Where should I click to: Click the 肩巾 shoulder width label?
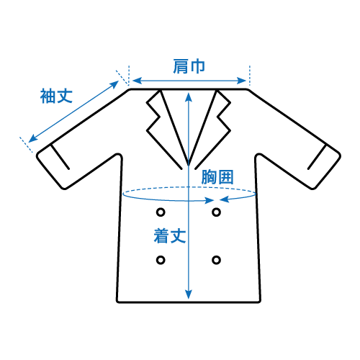[189, 66]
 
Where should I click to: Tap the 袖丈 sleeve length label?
[56, 96]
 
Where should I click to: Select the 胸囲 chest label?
[217, 177]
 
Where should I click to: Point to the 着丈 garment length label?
[170, 236]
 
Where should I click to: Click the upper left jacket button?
[161, 212]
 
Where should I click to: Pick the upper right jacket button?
[216, 212]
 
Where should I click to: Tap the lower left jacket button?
[161, 260]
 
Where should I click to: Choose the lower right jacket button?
[216, 260]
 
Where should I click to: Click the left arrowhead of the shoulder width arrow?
[137, 81]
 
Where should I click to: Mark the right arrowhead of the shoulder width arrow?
[242, 81]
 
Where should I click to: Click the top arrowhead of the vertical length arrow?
[189, 97]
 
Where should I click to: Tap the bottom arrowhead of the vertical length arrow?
[189, 294]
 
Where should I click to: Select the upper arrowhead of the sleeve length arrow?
[114, 84]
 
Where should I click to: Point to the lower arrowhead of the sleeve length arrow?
[32, 139]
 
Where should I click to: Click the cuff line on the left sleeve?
[60, 157]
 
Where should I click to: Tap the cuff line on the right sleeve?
[318, 157]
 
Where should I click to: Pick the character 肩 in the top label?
[181, 66]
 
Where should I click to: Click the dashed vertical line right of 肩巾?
[250, 76]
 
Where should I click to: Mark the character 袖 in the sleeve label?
[48, 96]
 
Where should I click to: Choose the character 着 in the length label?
[161, 236]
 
